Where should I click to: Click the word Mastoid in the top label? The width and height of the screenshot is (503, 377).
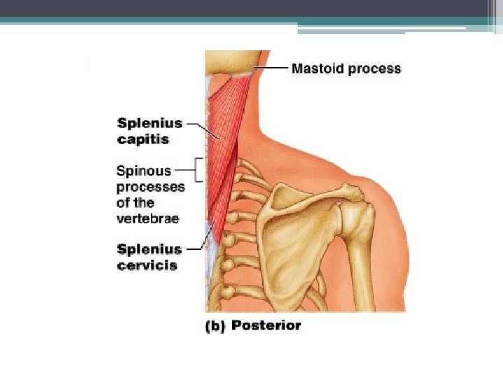pos(314,68)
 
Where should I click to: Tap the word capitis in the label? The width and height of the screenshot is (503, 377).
pos(143,140)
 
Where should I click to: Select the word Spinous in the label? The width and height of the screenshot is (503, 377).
pos(144,171)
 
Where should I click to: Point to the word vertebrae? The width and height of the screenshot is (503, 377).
pos(148,219)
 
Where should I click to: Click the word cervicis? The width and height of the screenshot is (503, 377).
pos(147,265)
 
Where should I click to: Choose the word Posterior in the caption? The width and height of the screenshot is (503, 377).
pos(266,325)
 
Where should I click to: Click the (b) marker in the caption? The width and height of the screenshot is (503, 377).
pos(215,326)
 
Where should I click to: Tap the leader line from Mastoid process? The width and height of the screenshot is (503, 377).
pos(272,68)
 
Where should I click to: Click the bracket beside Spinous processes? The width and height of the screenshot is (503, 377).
pos(201,169)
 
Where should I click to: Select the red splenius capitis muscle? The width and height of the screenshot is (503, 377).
pos(225,133)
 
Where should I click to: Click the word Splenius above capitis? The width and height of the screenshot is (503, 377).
pos(150,124)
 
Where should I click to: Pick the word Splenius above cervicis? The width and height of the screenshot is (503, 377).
pos(150,249)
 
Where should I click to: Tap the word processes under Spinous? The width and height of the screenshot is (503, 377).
pos(150,187)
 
